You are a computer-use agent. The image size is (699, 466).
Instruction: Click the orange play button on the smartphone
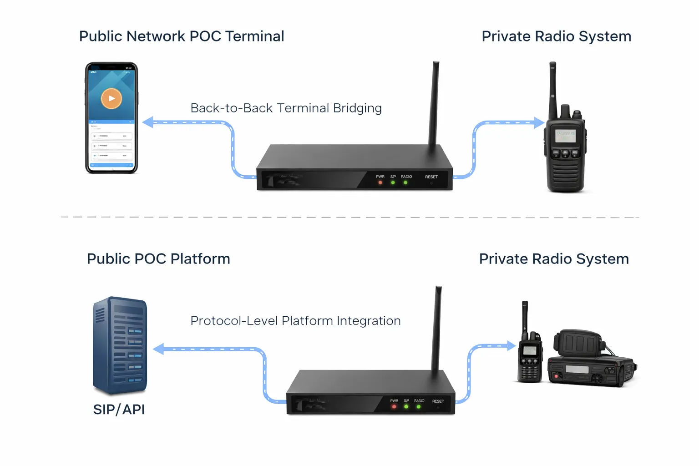(111, 98)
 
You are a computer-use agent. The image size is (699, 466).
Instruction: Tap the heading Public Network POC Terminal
(182, 36)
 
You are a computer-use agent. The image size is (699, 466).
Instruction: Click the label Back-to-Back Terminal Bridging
(286, 108)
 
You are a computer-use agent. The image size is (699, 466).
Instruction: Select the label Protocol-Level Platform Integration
(295, 321)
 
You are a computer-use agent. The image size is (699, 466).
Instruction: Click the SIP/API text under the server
(119, 410)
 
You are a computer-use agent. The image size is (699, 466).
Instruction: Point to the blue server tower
(120, 345)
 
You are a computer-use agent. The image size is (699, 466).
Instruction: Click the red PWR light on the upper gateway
(380, 183)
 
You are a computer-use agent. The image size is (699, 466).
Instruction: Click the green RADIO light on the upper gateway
(405, 183)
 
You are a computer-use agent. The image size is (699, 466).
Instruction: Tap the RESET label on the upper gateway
(431, 177)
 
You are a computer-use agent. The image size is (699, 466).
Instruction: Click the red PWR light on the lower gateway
(394, 407)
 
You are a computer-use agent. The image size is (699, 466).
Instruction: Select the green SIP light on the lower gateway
(406, 407)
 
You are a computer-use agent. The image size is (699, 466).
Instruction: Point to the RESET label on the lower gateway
(438, 401)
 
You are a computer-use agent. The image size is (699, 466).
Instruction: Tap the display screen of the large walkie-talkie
(566, 136)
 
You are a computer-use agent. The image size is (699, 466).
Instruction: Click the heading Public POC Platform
(158, 259)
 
